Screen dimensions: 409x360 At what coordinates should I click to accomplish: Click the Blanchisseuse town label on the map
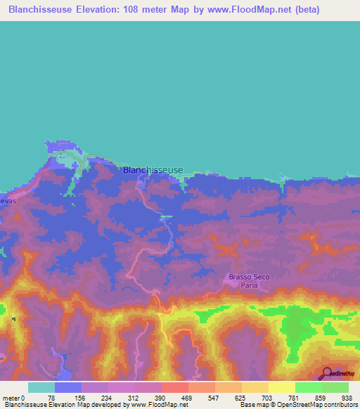(x=153, y=170)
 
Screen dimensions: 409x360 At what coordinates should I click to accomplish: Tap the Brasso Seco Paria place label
(x=249, y=281)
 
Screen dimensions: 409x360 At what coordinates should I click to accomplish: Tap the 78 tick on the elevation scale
(x=55, y=398)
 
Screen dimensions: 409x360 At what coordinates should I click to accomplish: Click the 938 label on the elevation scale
(x=347, y=398)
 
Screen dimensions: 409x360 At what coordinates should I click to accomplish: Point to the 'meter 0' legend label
(x=15, y=398)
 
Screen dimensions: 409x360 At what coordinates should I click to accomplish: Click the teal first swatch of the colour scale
(x=41, y=387)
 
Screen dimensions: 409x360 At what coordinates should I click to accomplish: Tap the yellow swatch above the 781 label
(x=281, y=387)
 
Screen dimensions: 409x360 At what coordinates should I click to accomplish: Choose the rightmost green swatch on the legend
(x=335, y=387)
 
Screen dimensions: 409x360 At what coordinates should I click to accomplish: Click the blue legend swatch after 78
(x=68, y=387)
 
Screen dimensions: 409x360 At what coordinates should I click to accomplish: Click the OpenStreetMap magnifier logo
(x=328, y=373)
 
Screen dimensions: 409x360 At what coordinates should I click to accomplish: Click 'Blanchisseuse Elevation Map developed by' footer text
(x=63, y=405)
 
